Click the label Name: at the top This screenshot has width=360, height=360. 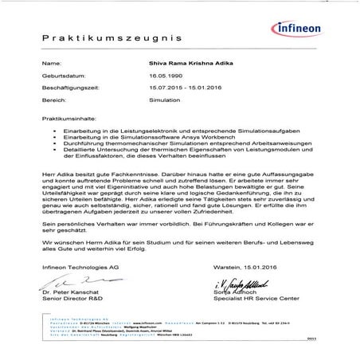tap(51, 61)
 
